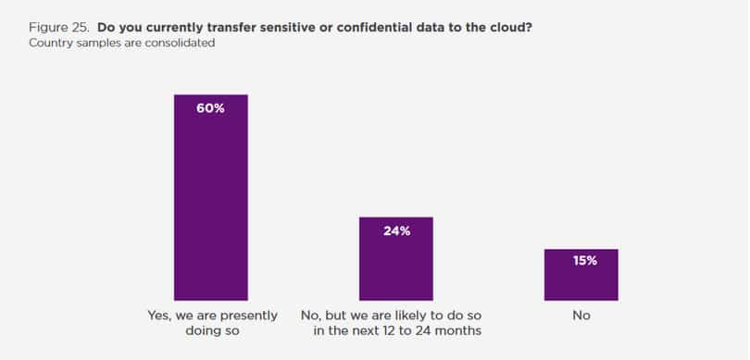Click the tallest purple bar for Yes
(211, 197)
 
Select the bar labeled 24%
(396, 258)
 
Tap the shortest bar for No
(581, 275)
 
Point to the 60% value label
(210, 108)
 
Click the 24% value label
(396, 231)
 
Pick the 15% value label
(585, 261)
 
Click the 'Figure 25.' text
(59, 28)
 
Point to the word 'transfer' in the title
(233, 28)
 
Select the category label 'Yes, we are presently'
(212, 316)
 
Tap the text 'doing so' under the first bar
(212, 330)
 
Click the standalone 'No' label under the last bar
(581, 316)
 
